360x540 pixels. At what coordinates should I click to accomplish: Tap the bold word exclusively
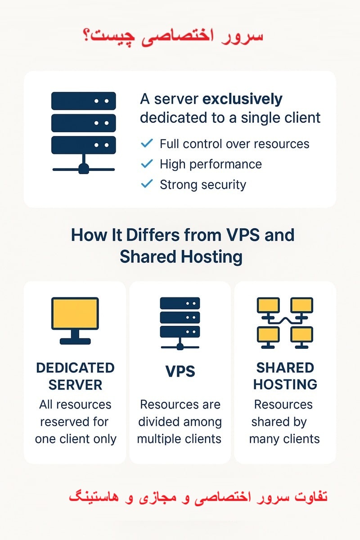(x=243, y=99)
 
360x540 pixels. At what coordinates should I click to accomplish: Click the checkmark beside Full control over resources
(x=147, y=144)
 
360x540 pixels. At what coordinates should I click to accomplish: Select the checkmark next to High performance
(x=147, y=164)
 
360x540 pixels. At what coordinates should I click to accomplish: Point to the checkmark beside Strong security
(x=147, y=184)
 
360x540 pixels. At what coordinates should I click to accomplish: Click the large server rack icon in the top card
(x=84, y=132)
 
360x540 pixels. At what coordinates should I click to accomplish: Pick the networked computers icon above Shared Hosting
(x=285, y=323)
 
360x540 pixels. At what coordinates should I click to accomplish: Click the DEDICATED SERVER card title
(x=75, y=376)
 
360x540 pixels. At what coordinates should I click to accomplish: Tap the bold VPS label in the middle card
(x=180, y=371)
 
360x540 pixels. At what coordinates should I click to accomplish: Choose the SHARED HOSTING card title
(x=285, y=376)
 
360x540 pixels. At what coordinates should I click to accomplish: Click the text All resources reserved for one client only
(x=75, y=422)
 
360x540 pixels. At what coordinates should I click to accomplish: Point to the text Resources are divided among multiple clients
(x=180, y=422)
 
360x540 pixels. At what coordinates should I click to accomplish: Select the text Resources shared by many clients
(x=284, y=422)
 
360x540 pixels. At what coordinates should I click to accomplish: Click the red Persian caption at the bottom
(x=198, y=497)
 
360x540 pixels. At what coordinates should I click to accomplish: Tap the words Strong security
(x=202, y=184)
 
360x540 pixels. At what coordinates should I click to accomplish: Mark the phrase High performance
(x=211, y=164)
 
